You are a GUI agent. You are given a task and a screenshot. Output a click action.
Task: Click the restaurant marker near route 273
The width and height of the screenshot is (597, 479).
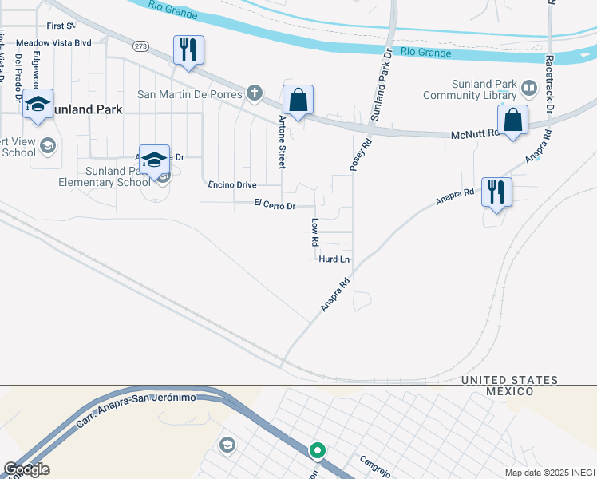pos(188,51)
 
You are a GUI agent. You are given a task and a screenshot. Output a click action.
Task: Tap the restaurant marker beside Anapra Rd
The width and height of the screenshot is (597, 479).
pos(496,192)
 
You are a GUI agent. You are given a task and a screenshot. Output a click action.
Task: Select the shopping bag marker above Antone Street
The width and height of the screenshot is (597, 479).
pos(298,101)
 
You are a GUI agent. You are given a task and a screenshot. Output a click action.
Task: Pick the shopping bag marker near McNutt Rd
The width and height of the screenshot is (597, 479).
pos(512,121)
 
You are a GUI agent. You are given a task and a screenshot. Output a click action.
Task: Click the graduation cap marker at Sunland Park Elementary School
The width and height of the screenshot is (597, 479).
pos(154,160)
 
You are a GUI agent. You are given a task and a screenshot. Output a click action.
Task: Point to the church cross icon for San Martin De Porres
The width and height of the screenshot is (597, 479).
pos(255,94)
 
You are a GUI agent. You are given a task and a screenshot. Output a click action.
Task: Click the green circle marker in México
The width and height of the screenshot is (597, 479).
pos(318,451)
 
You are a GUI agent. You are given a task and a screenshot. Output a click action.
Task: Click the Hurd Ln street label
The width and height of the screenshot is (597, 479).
pos(334,259)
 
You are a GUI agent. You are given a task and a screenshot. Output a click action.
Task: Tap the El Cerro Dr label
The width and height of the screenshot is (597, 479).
pos(275,205)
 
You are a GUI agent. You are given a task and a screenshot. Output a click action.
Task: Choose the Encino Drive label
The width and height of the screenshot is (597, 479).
pos(231,184)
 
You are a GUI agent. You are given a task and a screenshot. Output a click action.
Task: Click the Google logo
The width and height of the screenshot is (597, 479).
pos(26,469)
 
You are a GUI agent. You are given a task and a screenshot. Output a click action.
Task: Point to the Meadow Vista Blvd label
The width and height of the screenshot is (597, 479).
pos(53,42)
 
